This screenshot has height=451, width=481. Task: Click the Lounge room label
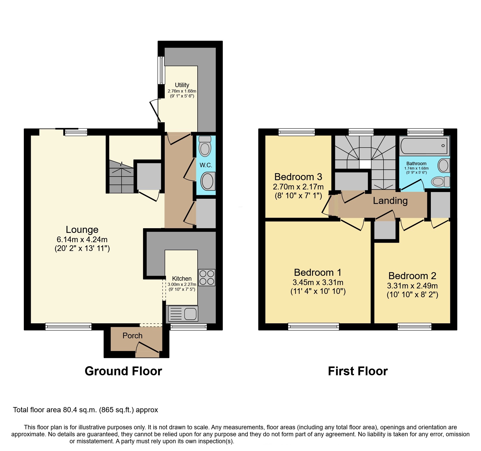[82, 230]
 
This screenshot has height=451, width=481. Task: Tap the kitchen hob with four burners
[207, 277]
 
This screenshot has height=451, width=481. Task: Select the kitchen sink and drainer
[183, 314]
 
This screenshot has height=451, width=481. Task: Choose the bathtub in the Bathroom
[424, 146]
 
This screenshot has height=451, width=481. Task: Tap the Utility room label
[182, 85]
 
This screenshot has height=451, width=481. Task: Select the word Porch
[132, 335]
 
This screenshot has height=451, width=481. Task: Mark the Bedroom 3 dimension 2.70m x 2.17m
[298, 187]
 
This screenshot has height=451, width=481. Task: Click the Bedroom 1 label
[318, 272]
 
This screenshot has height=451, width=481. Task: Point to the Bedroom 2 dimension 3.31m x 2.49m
[412, 286]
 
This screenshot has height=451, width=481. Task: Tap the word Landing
[390, 201]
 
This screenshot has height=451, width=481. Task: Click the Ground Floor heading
[123, 371]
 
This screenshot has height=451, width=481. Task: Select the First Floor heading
[358, 371]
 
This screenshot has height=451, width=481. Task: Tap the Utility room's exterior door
[155, 111]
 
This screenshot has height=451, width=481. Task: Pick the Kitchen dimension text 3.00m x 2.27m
[182, 284]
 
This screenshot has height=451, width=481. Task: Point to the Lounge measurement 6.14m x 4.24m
[82, 240]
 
